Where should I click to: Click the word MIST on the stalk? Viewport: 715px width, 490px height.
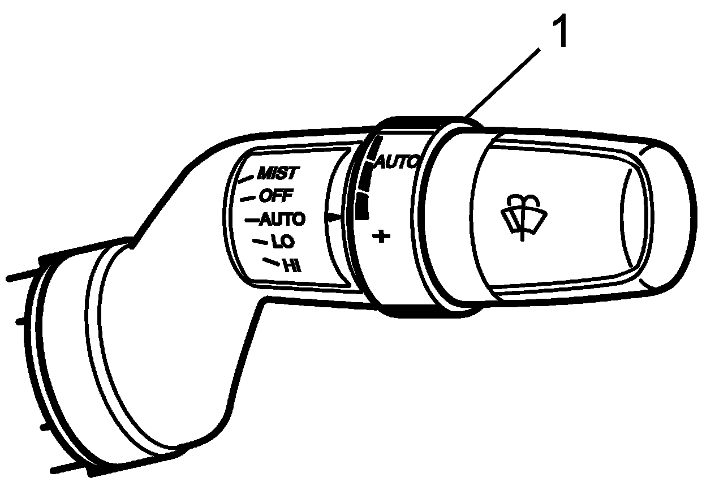tap(277, 173)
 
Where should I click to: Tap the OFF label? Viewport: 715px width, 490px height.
tap(276, 196)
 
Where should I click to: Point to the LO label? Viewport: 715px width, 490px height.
tap(283, 242)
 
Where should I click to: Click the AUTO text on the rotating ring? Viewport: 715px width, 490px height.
tap(396, 162)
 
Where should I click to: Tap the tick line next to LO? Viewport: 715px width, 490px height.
tap(260, 242)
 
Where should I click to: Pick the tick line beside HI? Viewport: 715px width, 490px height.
tap(271, 261)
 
